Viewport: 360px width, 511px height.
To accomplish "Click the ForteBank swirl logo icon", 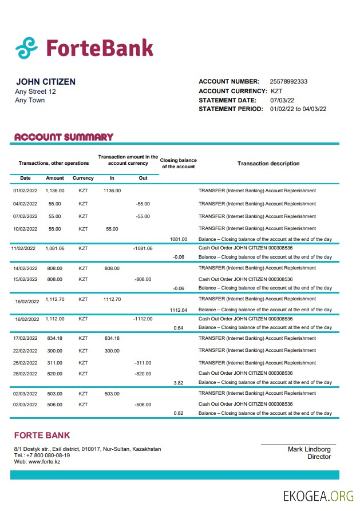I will click(x=26, y=48).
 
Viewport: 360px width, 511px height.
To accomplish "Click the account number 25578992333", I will click(x=288, y=81).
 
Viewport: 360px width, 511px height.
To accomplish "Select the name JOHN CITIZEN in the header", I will click(x=46, y=82).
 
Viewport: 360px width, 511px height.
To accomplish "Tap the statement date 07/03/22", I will click(x=281, y=100).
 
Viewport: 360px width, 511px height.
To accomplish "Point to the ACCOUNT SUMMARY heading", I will click(x=64, y=137).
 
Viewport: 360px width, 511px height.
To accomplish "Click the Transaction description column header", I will click(x=268, y=164).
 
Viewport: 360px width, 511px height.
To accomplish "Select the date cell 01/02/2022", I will click(x=25, y=191).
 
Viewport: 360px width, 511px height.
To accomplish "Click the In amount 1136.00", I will click(x=112, y=191).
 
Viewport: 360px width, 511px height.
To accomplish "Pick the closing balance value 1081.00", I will click(x=179, y=239).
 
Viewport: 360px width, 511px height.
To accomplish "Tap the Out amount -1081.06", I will click(x=143, y=248).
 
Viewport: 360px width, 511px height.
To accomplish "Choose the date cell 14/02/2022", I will click(x=25, y=268).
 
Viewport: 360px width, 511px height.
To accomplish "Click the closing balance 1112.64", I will click(x=179, y=310).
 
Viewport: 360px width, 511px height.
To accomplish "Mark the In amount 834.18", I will click(x=112, y=338).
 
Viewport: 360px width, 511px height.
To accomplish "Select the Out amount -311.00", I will click(x=143, y=363).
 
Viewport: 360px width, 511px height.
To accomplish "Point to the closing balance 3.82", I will click(x=179, y=382).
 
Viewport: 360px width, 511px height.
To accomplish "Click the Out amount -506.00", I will click(x=143, y=405).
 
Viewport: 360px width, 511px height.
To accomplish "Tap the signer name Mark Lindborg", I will click(x=309, y=449).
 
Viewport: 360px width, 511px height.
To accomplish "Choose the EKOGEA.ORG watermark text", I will click(x=318, y=496).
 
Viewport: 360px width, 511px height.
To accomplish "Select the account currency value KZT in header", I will click(x=276, y=91).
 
